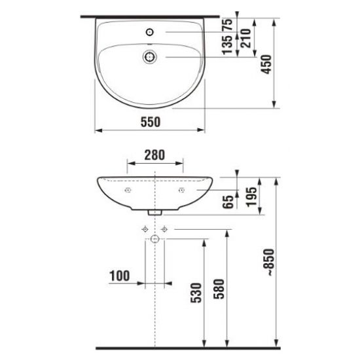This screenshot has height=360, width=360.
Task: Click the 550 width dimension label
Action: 151,122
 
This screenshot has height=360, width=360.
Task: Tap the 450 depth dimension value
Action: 266,65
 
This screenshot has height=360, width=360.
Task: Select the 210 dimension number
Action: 245,39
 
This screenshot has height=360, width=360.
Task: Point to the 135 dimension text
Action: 227,45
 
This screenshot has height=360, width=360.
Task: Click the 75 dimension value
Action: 227,25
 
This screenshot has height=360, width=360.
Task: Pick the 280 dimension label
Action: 154,155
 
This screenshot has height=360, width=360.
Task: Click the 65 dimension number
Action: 228,202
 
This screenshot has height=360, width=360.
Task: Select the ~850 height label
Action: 268,262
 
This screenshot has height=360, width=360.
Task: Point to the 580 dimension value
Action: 219,289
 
